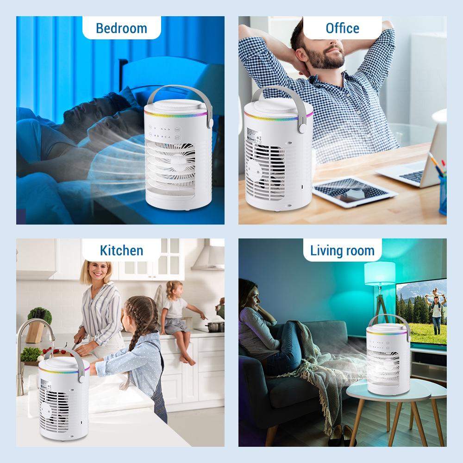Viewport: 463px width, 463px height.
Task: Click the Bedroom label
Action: click(x=121, y=28)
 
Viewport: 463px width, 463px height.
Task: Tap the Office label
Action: click(x=342, y=28)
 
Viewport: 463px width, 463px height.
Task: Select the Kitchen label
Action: click(x=121, y=250)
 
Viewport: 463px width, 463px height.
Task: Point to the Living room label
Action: click(x=342, y=251)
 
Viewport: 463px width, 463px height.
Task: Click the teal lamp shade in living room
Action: click(x=380, y=273)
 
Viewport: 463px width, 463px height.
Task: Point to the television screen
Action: click(x=421, y=310)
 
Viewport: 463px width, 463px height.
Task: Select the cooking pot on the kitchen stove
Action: click(x=215, y=326)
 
